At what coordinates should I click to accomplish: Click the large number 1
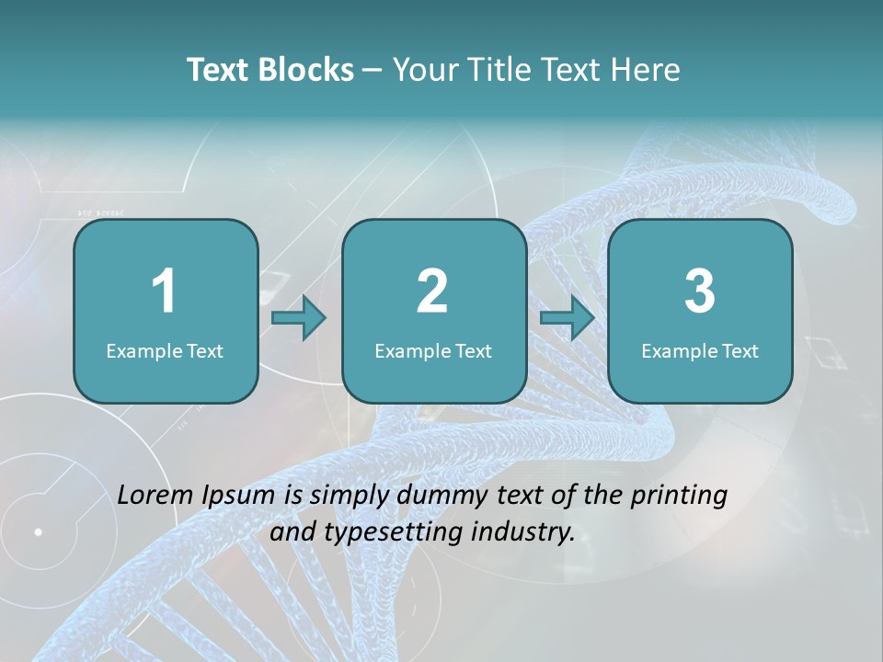[164, 291]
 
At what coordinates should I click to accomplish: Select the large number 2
[432, 291]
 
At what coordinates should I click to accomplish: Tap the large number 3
[700, 291]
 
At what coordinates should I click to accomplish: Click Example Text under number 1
[165, 351]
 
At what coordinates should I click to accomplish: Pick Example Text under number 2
[433, 351]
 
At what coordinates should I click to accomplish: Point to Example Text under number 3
[700, 351]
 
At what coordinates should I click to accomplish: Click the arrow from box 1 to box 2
[300, 317]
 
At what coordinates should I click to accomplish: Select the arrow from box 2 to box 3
[568, 317]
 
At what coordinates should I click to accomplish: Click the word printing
[679, 496]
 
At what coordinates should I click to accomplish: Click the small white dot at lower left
[39, 531]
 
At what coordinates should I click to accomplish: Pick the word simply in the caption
[347, 496]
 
